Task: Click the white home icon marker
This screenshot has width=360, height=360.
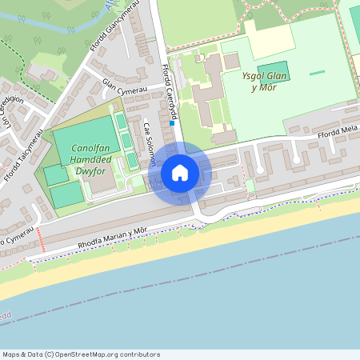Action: (180, 173)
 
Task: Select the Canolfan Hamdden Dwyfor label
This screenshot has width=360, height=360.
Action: (78, 160)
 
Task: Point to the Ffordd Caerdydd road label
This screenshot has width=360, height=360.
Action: (167, 93)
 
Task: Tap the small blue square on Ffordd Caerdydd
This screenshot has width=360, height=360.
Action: (172, 123)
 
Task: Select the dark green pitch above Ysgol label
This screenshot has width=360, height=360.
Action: (273, 70)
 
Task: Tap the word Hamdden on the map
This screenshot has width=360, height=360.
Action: (78, 160)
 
